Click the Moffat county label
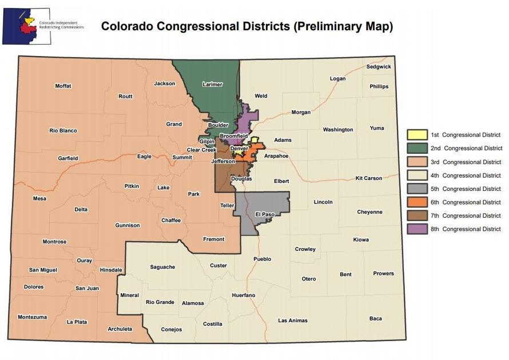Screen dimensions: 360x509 (x=63, y=86)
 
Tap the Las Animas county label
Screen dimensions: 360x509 (x=293, y=321)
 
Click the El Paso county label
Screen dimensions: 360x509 (x=264, y=214)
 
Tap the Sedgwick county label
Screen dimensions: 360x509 (x=379, y=66)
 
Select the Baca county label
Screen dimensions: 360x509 (x=375, y=318)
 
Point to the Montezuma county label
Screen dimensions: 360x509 (x=32, y=317)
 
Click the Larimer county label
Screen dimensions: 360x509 (x=212, y=85)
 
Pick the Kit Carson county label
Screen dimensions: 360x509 (x=368, y=178)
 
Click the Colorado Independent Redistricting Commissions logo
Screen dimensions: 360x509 (x=43, y=26)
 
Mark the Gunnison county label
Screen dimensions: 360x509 (x=127, y=225)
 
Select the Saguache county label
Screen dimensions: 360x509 (x=162, y=267)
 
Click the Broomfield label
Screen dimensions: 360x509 (x=233, y=136)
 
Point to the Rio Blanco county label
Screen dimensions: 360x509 (x=63, y=130)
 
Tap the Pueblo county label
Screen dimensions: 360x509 (x=263, y=259)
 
